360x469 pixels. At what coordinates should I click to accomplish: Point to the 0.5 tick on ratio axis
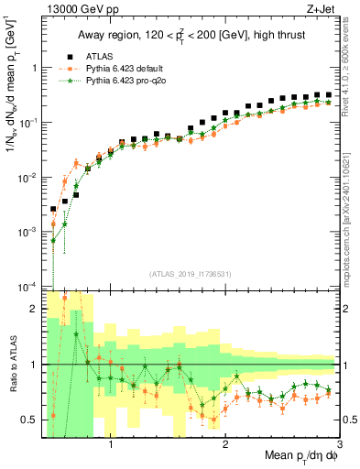pyautogui.click(x=29, y=420)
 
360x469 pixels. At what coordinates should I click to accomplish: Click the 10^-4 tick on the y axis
pyautogui.click(x=27, y=287)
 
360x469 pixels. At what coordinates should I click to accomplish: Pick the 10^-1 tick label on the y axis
pyautogui.click(x=27, y=122)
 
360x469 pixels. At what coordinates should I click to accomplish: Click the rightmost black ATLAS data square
pyautogui.click(x=328, y=94)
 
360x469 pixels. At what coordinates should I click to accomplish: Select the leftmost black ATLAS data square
pyautogui.click(x=54, y=209)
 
